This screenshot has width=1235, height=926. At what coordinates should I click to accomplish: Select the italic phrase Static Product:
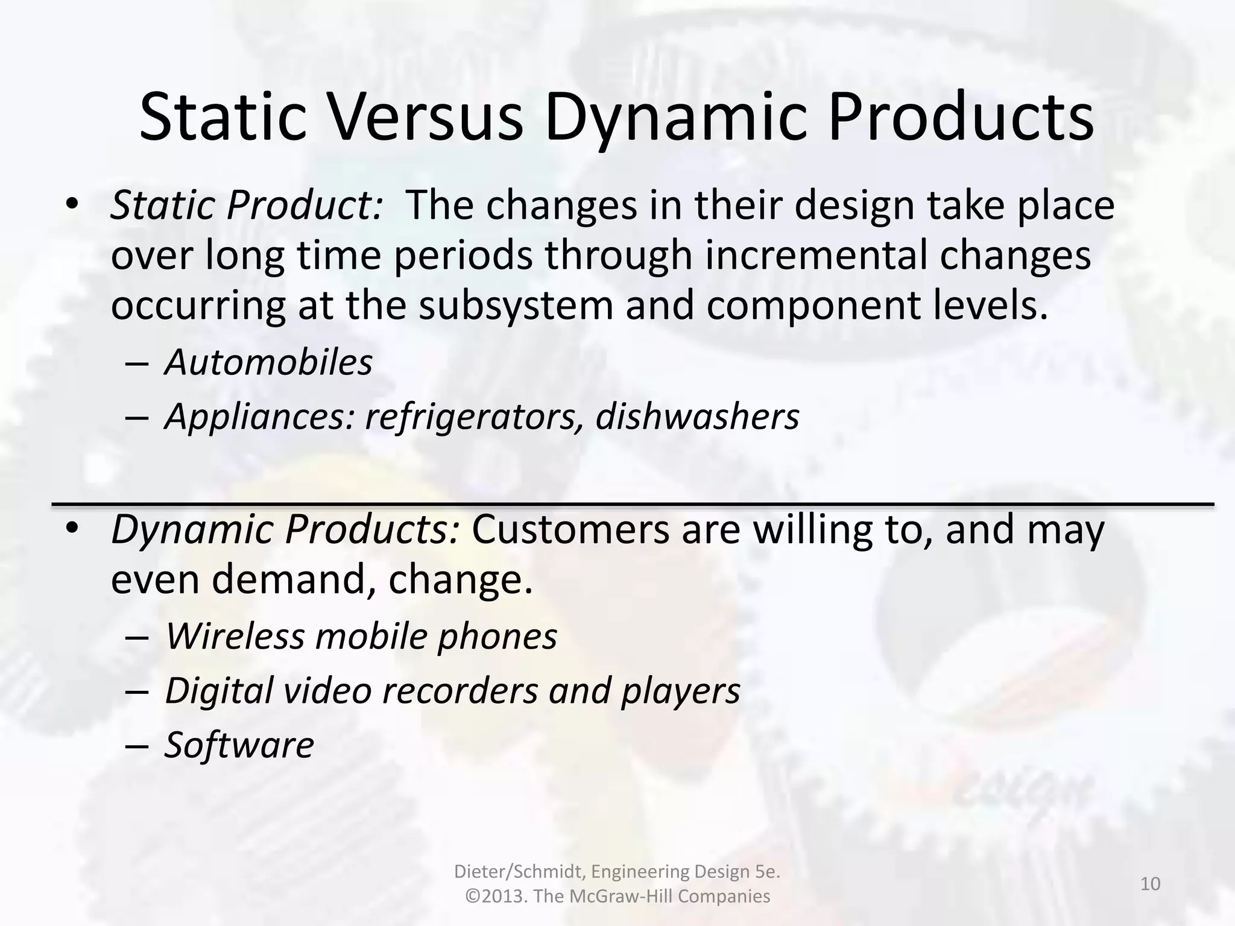point(246,205)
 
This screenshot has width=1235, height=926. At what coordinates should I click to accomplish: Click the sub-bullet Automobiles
point(268,362)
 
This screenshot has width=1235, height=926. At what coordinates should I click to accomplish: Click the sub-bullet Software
point(239,745)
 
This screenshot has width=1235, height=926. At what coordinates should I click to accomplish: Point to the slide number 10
point(1150,884)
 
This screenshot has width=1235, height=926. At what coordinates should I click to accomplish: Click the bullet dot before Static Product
point(72,205)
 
